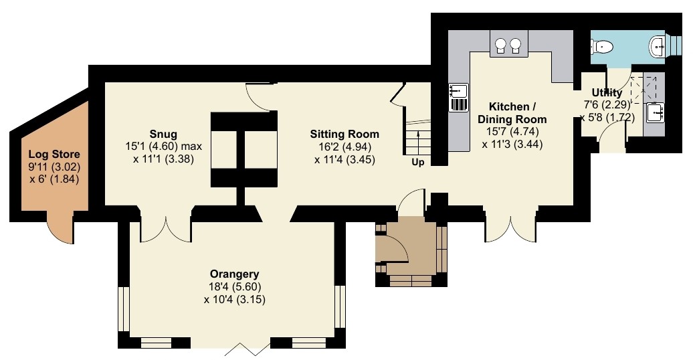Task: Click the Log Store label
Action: point(54,155)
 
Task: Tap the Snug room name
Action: point(163,134)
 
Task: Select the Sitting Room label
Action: point(344,134)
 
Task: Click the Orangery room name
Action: point(234,274)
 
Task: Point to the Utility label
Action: point(607,92)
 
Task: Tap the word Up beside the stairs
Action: point(418,163)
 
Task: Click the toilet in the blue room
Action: point(601,46)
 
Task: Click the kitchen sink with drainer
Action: point(458,97)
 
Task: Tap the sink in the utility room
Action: point(655,112)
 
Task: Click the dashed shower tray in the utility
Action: point(643,90)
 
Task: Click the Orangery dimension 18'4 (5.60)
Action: point(234,287)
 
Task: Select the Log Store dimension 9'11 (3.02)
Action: point(54,167)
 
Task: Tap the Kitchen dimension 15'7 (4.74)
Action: point(512,132)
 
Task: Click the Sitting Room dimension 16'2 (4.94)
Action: point(344,147)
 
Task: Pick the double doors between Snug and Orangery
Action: point(166,226)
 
